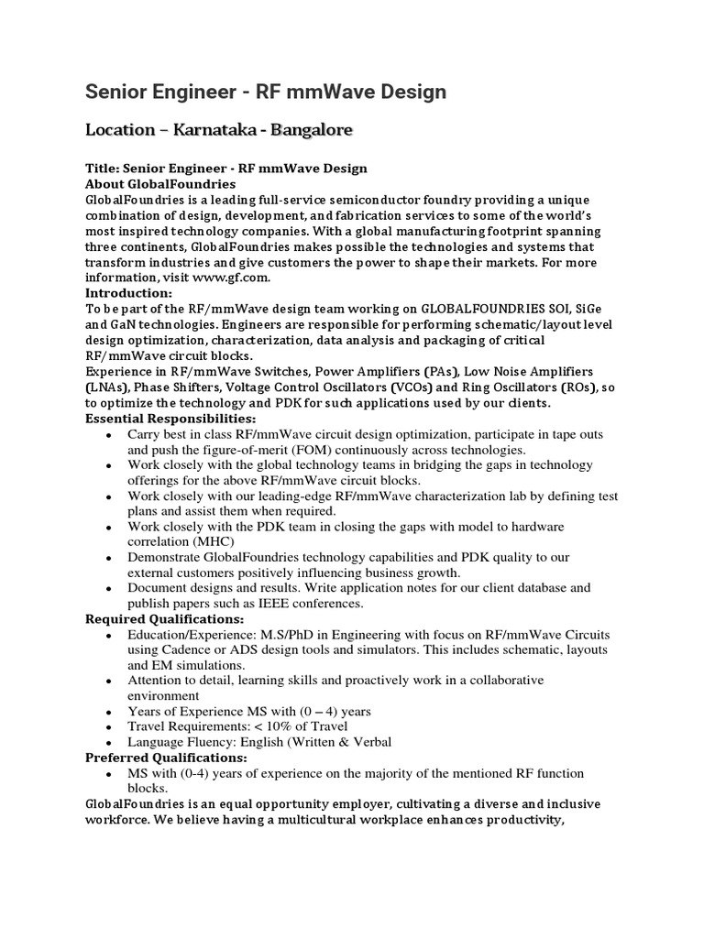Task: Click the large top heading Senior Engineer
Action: pyautogui.click(x=266, y=92)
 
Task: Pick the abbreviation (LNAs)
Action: pyautogui.click(x=107, y=387)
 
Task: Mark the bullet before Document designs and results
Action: pyautogui.click(x=109, y=589)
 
